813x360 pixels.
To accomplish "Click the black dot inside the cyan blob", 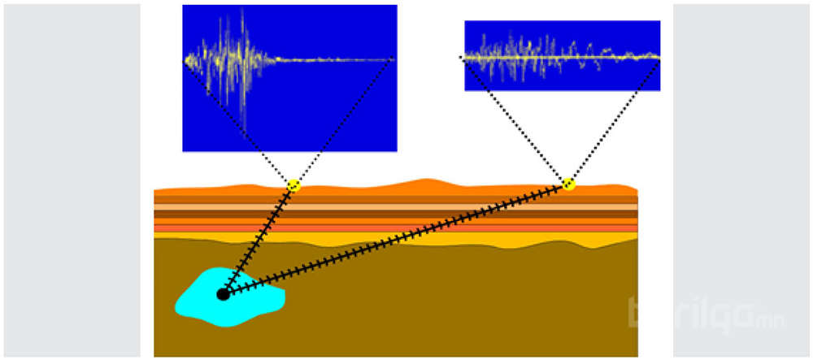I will coord(223,294).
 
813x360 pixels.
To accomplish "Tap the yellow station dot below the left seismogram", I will coord(293,186).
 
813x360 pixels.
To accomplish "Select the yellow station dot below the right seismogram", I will coord(568,184).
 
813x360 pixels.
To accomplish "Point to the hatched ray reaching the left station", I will coord(259,240).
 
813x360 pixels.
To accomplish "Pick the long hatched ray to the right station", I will coord(398,239).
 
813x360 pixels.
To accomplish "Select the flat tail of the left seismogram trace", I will coord(341,59).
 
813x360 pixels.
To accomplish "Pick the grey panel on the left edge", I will coord(72,180).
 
